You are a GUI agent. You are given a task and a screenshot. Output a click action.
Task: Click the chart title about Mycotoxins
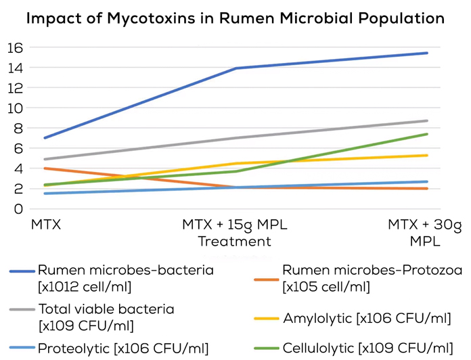coord(235,18)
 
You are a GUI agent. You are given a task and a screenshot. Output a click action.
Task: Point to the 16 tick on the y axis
coord(14,48)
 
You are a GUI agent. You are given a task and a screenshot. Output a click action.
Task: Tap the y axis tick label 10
coord(14,108)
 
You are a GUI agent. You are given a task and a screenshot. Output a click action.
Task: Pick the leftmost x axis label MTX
coord(45,223)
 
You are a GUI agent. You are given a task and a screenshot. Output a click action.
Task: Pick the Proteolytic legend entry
coord(108,348)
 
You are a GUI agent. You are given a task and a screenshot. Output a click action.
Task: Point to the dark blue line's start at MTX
coord(45,138)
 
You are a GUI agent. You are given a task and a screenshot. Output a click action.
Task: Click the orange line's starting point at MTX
coord(45,168)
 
